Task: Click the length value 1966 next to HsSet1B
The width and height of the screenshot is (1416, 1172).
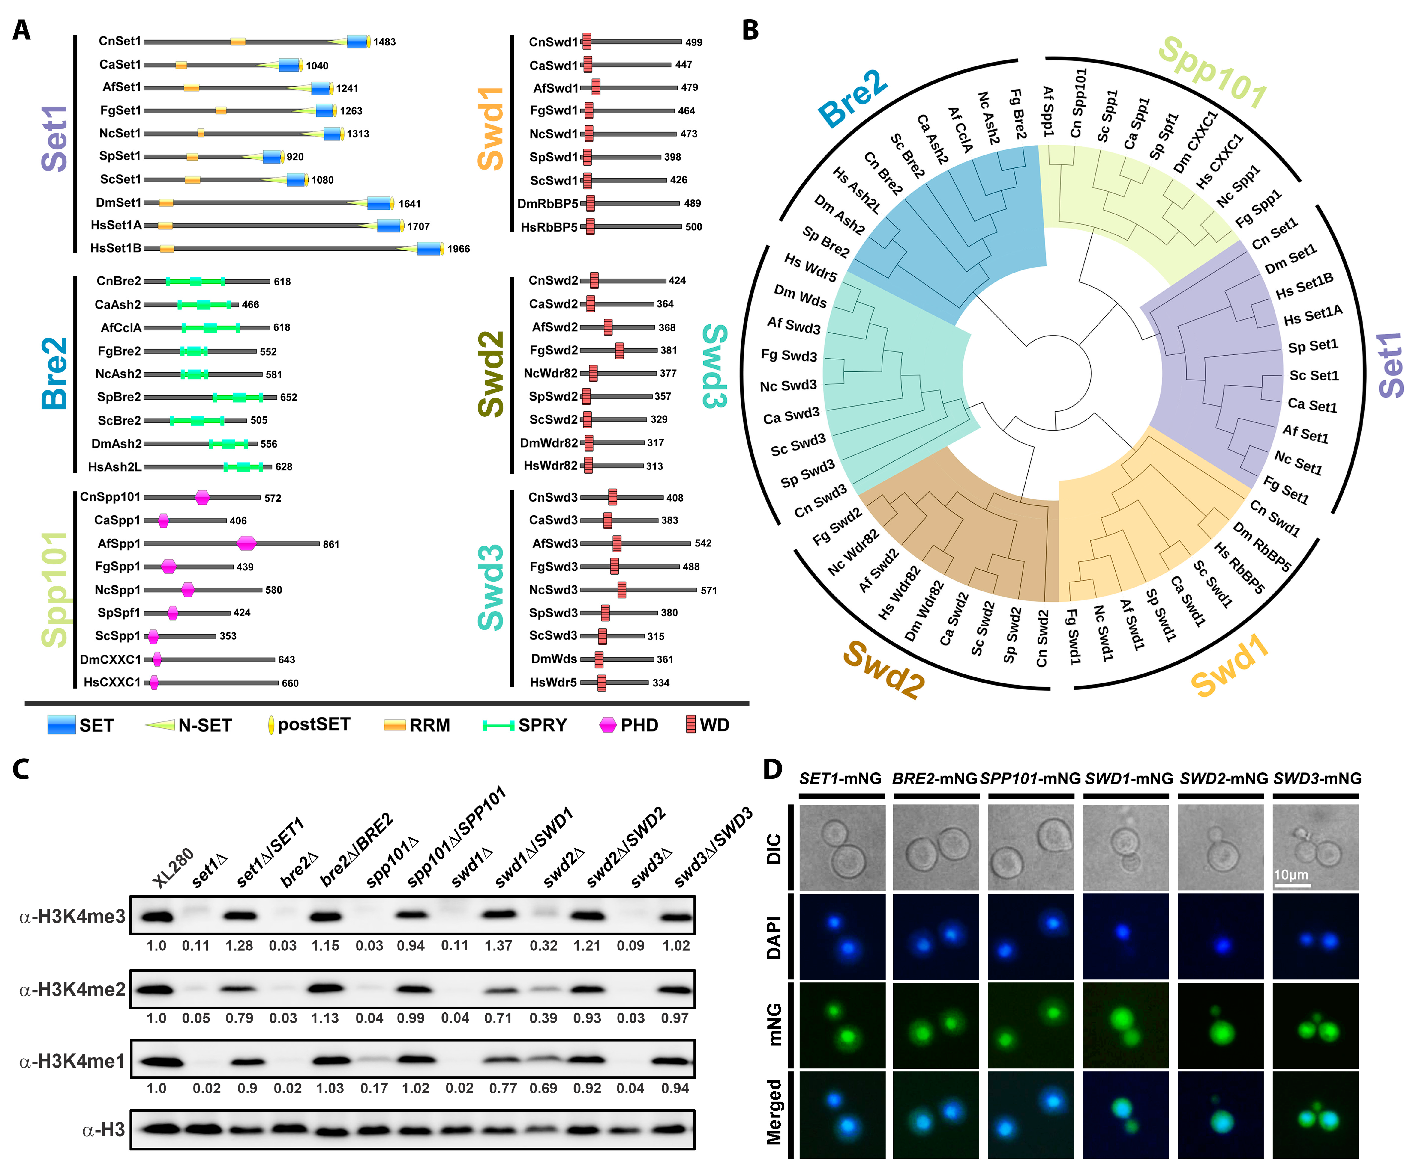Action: point(458,249)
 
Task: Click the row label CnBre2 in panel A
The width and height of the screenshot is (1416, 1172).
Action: point(119,281)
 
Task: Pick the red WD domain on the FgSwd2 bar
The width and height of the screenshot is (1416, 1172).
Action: point(619,350)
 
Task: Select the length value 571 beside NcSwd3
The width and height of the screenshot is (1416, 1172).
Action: point(709,590)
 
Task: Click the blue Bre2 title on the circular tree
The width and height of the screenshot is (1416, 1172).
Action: point(853,98)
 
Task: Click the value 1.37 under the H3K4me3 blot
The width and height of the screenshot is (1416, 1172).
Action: point(498,946)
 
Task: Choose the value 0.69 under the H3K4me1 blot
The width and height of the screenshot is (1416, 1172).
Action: point(543,1088)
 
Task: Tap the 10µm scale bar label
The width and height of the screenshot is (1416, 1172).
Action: point(1291,875)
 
